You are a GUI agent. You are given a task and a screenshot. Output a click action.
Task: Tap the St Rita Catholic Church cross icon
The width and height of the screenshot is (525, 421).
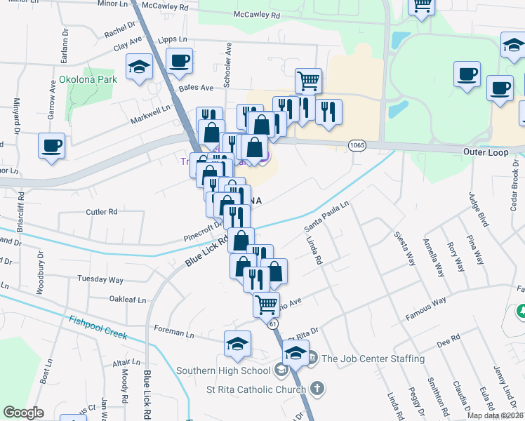[x=317, y=387]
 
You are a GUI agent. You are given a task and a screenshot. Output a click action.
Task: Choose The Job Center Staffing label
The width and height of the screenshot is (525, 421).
[x=373, y=359]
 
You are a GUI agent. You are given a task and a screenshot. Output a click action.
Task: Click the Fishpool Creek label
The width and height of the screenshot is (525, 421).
[x=98, y=328]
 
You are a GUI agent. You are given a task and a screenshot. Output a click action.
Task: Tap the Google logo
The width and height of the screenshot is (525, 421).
[x=23, y=413]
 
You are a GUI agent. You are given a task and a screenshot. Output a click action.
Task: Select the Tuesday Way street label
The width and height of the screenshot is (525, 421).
[x=100, y=279]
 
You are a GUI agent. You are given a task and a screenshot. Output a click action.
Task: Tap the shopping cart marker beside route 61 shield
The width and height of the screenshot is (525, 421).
[x=266, y=305]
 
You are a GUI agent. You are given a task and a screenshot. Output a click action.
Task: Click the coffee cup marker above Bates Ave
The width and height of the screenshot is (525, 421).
[x=180, y=60]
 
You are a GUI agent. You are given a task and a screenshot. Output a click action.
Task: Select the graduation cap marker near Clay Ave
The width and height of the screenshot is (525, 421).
[x=139, y=67]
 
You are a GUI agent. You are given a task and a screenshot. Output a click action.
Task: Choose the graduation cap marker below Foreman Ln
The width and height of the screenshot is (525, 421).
[x=238, y=344]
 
